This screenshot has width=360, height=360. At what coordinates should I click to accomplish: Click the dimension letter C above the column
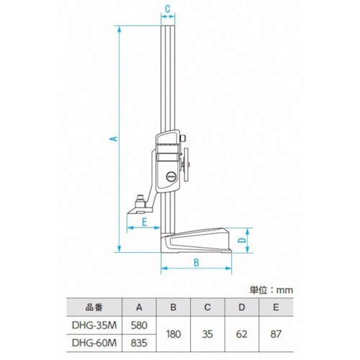[x=167, y=9]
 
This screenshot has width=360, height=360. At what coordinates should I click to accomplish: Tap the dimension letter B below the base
[x=196, y=262]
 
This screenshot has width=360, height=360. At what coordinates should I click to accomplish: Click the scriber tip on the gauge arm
[x=135, y=212]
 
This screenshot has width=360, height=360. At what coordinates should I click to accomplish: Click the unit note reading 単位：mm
[x=271, y=289]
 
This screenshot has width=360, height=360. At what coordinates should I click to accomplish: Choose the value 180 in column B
[x=173, y=335]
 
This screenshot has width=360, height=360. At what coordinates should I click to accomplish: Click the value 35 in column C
[x=207, y=335]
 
